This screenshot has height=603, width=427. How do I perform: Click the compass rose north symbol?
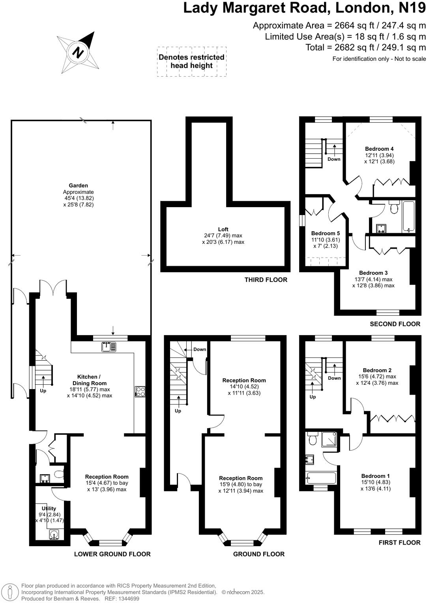[79, 52]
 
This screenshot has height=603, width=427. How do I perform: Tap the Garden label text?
[78, 185]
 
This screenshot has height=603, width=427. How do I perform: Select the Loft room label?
[223, 229]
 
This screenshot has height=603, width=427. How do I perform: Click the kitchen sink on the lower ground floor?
[109, 347]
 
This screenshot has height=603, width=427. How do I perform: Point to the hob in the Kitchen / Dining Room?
[140, 391]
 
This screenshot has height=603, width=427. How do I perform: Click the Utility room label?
[49, 509]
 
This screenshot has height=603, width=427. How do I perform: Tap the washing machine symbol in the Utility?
[55, 535]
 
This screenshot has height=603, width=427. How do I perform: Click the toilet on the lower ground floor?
[58, 474]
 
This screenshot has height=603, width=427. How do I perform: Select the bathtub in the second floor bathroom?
[408, 217]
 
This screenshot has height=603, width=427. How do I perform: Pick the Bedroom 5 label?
[325, 233]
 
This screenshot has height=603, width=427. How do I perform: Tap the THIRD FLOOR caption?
[266, 280]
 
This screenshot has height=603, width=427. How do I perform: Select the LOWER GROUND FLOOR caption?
[112, 554]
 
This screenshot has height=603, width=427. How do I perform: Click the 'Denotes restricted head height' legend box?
[191, 61]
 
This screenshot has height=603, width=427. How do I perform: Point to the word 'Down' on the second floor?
[334, 159]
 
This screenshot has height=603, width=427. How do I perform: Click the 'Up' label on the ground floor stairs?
[178, 411]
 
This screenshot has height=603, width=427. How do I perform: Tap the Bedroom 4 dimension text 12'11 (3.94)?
[379, 155]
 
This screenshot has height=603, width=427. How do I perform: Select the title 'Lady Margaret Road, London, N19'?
[304, 8]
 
